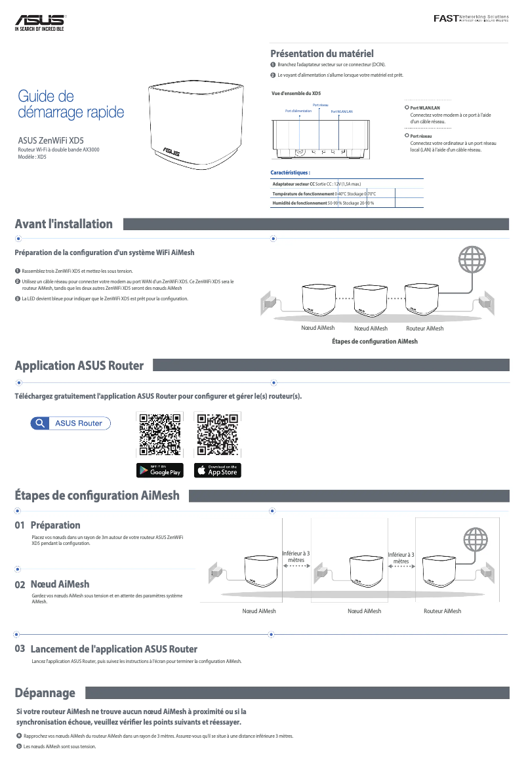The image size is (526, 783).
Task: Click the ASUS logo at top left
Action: click(x=40, y=23)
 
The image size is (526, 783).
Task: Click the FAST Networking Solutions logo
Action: click(x=471, y=18)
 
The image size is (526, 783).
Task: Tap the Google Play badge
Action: click(x=160, y=470)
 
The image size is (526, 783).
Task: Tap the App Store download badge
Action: click(x=218, y=470)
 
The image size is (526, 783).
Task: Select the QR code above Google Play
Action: click(x=160, y=435)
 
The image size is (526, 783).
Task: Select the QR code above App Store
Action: click(x=218, y=435)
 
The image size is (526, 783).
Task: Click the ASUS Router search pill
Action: click(x=71, y=423)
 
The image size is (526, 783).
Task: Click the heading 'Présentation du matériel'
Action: click(x=322, y=53)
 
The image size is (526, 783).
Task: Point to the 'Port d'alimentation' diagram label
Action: click(x=298, y=111)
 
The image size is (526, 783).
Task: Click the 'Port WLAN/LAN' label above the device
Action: click(x=342, y=111)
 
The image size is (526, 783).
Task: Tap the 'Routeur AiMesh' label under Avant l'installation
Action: click(x=424, y=328)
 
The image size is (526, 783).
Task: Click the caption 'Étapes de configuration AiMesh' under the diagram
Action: click(x=374, y=342)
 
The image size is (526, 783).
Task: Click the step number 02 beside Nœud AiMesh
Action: click(x=20, y=584)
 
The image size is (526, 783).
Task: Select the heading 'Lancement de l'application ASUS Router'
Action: click(x=114, y=649)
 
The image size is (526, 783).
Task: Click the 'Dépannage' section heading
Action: click(x=45, y=693)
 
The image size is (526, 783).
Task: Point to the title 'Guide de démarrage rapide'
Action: click(x=71, y=105)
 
